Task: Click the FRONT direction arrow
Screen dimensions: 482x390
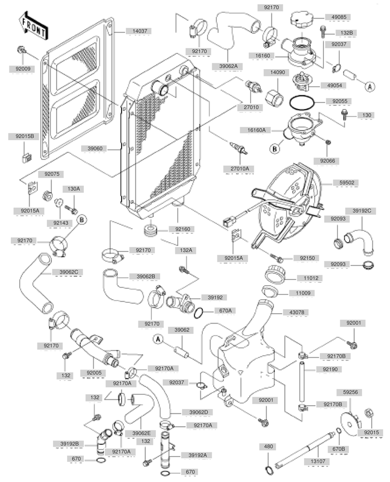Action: [33, 25]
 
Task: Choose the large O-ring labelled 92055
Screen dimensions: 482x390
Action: [301, 102]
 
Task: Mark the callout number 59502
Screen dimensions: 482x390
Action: [341, 183]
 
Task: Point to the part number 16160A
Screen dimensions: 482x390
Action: [253, 130]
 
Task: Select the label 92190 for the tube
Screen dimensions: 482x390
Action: [329, 370]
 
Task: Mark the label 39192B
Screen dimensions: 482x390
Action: [67, 444]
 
